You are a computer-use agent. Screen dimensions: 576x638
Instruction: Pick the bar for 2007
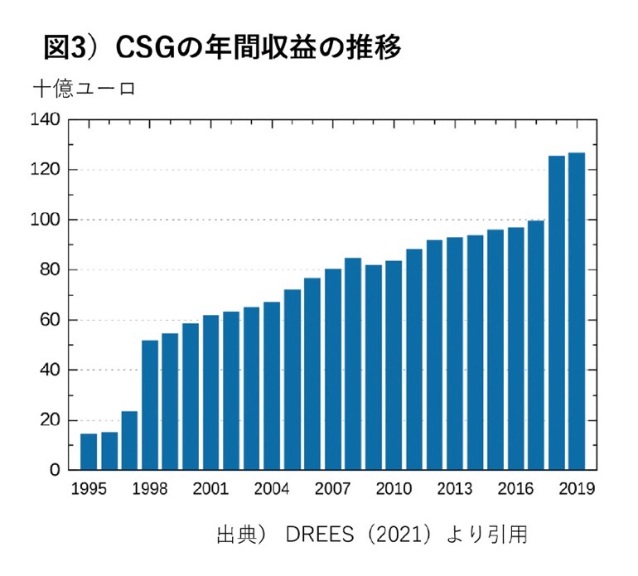pyautogui.click(x=333, y=369)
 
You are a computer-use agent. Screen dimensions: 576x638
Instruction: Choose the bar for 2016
pyautogui.click(x=515, y=348)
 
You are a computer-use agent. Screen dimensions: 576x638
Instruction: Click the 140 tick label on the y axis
pyautogui.click(x=46, y=119)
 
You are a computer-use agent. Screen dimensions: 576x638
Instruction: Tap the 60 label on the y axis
pyautogui.click(x=50, y=320)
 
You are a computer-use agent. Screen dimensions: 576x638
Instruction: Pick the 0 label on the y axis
pyautogui.click(x=55, y=470)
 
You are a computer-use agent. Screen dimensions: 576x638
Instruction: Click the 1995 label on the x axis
pyautogui.click(x=89, y=489)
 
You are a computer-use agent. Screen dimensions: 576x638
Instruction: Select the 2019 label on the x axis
pyautogui.click(x=577, y=489)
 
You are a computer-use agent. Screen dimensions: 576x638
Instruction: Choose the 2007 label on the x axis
pyautogui.click(x=333, y=489)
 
